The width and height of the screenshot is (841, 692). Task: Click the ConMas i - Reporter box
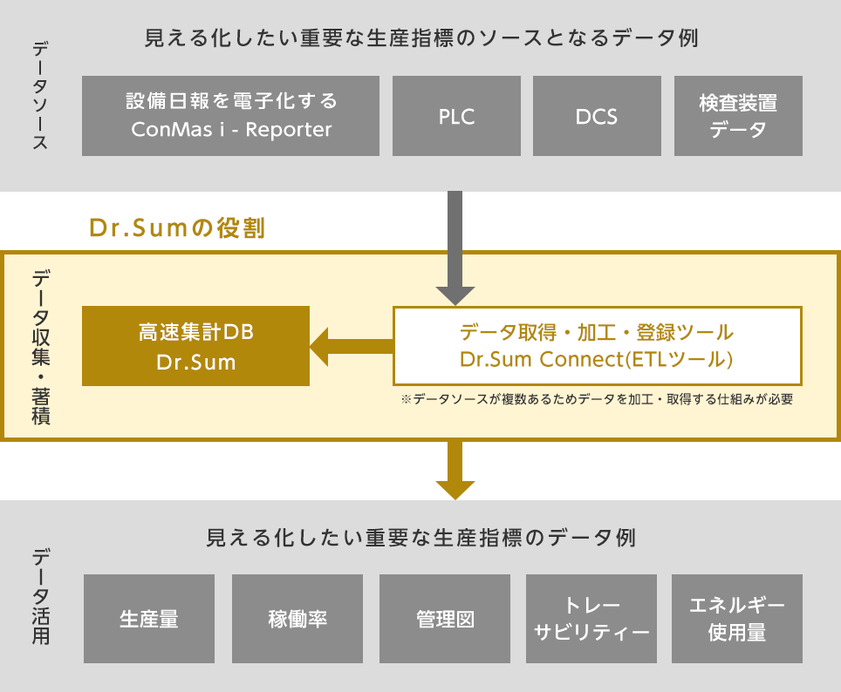[x=231, y=115]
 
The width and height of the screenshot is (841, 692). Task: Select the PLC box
[x=456, y=115]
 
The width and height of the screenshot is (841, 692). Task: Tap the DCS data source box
[x=597, y=115]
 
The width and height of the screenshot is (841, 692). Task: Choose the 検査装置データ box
[x=738, y=115]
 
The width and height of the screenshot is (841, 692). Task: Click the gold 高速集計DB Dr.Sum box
[x=196, y=346]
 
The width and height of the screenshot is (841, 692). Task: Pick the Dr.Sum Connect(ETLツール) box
[x=597, y=346]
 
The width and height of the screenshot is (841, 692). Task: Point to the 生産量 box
[x=149, y=619]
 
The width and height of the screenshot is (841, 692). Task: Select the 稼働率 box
[x=297, y=619]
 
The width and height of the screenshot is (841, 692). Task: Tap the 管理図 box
[x=445, y=619]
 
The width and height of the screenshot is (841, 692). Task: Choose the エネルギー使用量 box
[x=738, y=619]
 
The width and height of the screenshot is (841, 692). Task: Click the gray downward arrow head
[x=455, y=295]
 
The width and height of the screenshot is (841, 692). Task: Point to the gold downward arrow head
[x=455, y=489]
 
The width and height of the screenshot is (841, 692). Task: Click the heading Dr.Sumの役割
[x=177, y=228]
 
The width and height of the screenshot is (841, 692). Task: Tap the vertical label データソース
[x=39, y=96]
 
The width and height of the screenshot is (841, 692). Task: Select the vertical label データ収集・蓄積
[x=41, y=346]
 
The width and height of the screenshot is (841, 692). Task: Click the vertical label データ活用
[x=41, y=596]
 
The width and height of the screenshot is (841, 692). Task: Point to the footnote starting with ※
[x=596, y=398]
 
